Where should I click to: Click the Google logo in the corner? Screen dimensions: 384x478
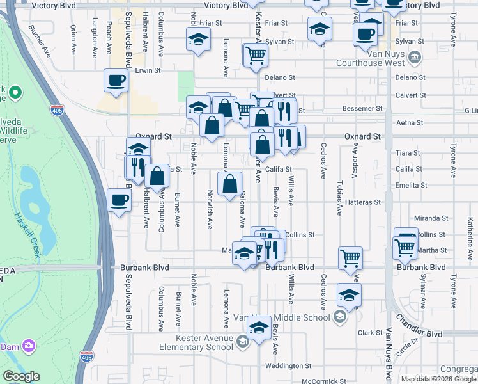(x=21, y=376)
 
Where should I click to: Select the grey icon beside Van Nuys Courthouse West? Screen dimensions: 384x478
(x=415, y=58)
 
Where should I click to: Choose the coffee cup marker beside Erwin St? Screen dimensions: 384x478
(x=116, y=81)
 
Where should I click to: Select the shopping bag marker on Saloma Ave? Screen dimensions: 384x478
(x=230, y=184)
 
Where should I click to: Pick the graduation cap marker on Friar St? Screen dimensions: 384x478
(x=199, y=40)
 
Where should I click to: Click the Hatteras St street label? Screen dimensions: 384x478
(x=362, y=202)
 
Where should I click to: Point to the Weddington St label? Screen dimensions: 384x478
(x=289, y=366)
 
